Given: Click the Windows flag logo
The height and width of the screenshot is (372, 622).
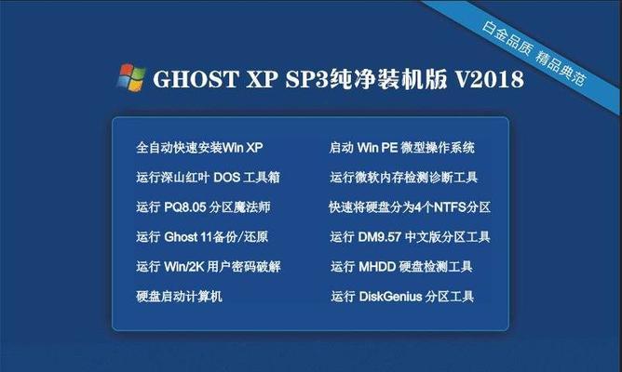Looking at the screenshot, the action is [x=131, y=77].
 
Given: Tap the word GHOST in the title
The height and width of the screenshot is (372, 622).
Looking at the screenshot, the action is [x=196, y=79].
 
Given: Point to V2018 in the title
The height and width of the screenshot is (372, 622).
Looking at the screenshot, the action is [x=490, y=79].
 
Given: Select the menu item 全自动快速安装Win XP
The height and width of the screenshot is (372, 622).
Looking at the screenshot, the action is [x=199, y=148].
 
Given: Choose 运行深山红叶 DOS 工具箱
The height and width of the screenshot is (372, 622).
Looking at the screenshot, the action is [x=209, y=177].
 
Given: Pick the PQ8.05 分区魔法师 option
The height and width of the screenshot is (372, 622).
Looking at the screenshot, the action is [x=204, y=206].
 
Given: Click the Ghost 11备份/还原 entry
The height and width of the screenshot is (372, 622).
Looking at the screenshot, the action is [x=202, y=237].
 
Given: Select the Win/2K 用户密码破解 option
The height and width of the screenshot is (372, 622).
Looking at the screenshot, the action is [x=209, y=267].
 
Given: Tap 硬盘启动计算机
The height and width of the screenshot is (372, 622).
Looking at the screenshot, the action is [x=179, y=297].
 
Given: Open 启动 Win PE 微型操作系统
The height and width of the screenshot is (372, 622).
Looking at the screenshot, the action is [x=402, y=148].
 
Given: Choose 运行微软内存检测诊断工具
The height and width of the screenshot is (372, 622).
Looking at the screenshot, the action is [x=404, y=177].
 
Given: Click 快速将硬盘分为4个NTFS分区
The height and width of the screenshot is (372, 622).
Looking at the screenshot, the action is [x=410, y=206].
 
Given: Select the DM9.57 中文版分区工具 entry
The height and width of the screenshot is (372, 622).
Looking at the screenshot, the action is [x=411, y=237].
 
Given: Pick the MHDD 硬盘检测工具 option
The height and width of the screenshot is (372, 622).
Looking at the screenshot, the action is [x=402, y=267].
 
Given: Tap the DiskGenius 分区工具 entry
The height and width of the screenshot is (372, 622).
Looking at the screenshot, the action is [x=402, y=297].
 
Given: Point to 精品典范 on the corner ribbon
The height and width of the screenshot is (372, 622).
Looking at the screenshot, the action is [x=561, y=69].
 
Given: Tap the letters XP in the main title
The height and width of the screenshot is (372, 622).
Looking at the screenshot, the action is [x=263, y=79].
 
